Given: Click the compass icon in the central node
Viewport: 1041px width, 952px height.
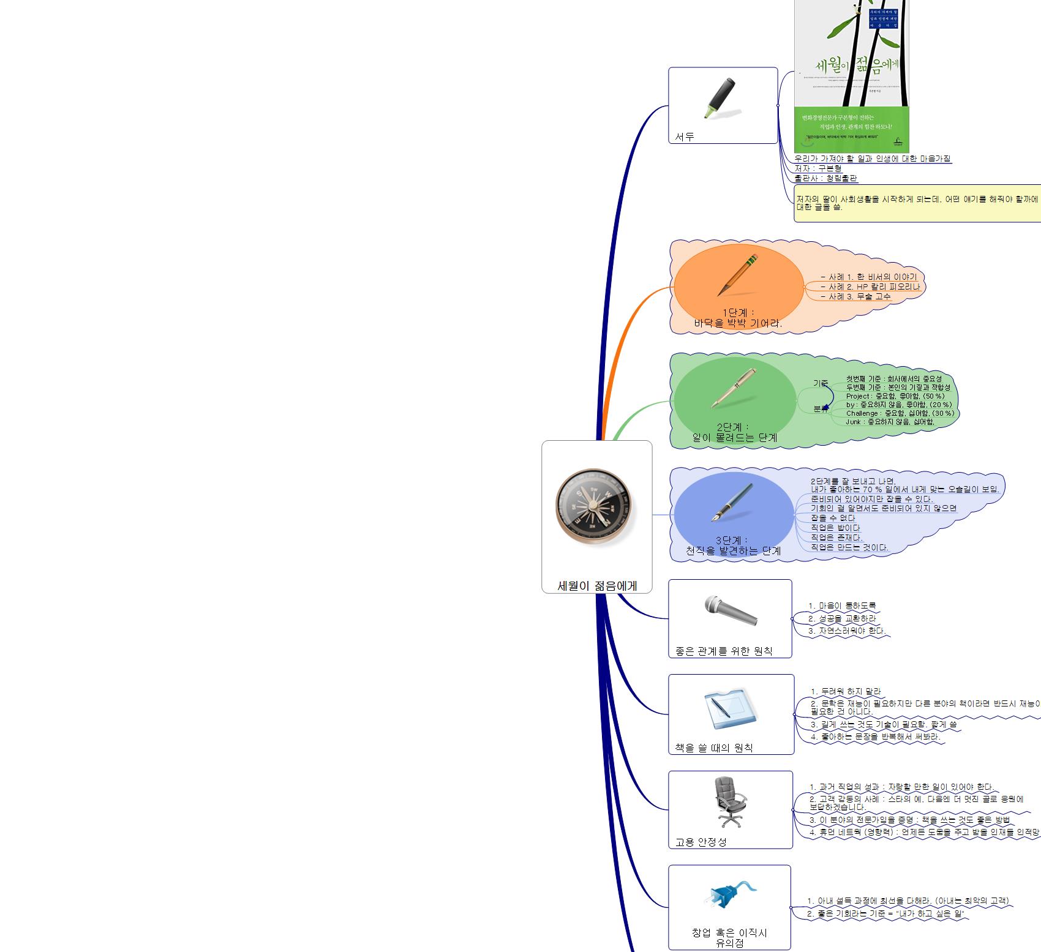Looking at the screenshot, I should [x=593, y=506].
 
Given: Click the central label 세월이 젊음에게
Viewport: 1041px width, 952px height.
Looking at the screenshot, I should [x=597, y=586].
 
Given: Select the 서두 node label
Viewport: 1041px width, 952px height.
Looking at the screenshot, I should [x=685, y=137].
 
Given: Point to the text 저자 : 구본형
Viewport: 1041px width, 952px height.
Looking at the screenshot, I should [x=818, y=168].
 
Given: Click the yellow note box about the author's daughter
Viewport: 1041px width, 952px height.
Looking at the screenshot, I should [x=917, y=203].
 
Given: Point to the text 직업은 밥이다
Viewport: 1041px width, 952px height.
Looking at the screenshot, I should [x=835, y=528].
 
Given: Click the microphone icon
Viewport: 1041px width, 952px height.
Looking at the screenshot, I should [x=731, y=610].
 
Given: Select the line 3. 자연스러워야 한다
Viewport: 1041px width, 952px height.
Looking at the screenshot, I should [x=846, y=631].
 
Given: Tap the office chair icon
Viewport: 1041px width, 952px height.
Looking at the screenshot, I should [x=730, y=801].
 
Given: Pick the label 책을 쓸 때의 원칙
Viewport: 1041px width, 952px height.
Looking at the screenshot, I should [x=713, y=748].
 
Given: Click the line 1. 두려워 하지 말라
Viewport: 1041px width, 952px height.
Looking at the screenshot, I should [x=846, y=691].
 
